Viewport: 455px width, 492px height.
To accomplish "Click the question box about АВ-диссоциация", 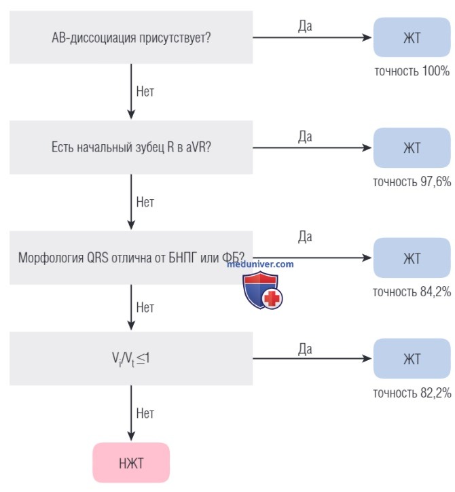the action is click(x=131, y=37).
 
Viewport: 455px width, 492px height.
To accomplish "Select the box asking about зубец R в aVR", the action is click(x=131, y=147).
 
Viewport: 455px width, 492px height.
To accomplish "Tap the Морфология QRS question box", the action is click(x=131, y=258).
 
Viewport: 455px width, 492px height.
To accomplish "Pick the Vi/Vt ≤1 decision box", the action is click(x=131, y=358).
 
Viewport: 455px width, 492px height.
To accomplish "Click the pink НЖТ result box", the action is click(x=131, y=463).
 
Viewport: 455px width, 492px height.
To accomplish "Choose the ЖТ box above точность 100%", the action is click(x=412, y=37).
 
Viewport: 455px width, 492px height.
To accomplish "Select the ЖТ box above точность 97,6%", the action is click(x=412, y=147).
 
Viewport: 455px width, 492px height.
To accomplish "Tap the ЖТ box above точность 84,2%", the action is click(x=412, y=258).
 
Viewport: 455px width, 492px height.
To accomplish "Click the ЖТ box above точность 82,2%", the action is click(x=412, y=358).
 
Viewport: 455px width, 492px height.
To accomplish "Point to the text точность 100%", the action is click(x=412, y=71).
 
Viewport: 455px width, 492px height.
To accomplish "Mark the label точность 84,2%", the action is click(x=412, y=292).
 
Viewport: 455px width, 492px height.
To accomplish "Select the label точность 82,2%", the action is click(x=412, y=393).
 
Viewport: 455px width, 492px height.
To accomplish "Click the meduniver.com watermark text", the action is click(x=260, y=264).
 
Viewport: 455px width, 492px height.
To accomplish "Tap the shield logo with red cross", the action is click(x=263, y=290).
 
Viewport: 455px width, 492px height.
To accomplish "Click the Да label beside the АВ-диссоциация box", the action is click(x=305, y=27).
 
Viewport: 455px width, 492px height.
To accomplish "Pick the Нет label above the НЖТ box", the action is click(x=145, y=413).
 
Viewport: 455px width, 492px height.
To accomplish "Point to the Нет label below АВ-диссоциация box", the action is click(x=145, y=92).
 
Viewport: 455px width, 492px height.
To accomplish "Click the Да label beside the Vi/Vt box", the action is click(x=305, y=349).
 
